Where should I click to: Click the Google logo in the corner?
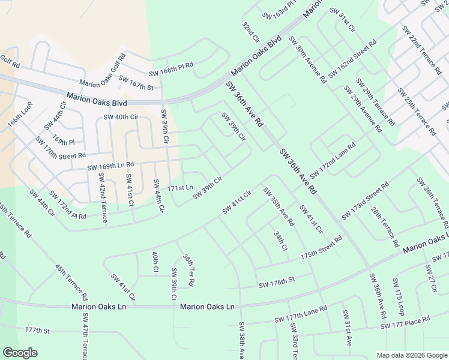pyautogui.click(x=20, y=353)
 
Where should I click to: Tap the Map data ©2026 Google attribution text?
pyautogui.click(x=412, y=355)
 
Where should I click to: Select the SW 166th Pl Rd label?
pyautogui.click(x=172, y=66)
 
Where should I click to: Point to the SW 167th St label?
pyautogui.click(x=136, y=83)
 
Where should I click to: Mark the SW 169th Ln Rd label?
pyautogui.click(x=111, y=166)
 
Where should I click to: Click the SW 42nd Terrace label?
pyautogui.click(x=101, y=198)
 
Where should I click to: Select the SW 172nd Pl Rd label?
pyautogui.click(x=67, y=205)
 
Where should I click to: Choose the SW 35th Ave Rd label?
pyautogui.click(x=279, y=207)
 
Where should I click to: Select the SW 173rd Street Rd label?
pyautogui.click(x=366, y=203)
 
